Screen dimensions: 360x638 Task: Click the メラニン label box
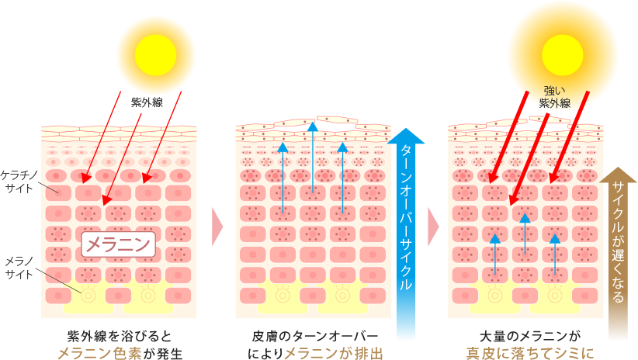(x=119, y=244)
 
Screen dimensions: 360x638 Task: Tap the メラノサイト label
(x=16, y=266)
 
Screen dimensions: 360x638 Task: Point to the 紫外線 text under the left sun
(x=146, y=102)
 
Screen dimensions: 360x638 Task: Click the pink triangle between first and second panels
(x=217, y=227)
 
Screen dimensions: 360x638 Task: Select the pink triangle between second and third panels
(x=432, y=227)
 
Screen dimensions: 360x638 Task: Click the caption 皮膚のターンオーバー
(x=315, y=336)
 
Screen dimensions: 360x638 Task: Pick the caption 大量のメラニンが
(x=529, y=336)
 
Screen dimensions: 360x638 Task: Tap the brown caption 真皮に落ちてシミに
(x=529, y=353)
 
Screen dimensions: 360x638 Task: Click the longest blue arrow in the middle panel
(x=313, y=159)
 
